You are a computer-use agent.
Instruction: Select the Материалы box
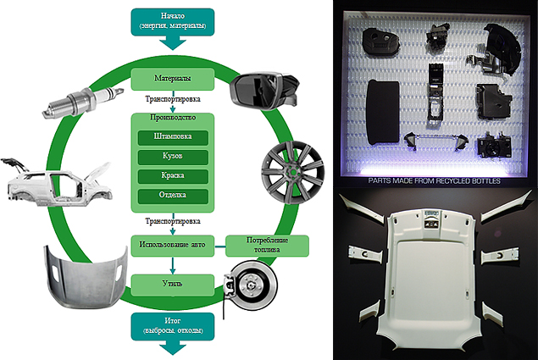(172, 80)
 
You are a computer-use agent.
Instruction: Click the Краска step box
(172, 177)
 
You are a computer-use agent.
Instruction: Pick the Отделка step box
(172, 196)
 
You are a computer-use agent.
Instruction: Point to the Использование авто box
(172, 246)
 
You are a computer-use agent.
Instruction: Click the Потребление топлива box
(267, 246)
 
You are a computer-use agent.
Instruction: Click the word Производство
(172, 119)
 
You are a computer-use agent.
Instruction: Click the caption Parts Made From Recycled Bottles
(435, 180)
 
